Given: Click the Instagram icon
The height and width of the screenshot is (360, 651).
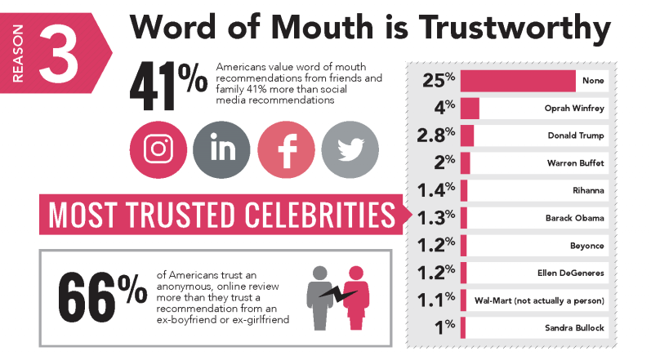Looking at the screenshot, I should point(159,150).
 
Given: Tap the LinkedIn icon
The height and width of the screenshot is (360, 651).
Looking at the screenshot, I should point(222,150).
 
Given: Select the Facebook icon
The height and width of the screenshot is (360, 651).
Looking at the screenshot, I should point(286,150).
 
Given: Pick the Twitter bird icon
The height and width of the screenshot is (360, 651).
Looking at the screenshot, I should point(350,150).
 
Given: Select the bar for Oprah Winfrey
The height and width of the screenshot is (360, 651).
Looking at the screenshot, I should point(470,109).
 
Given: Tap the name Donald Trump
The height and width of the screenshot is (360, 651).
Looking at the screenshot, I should point(576,136).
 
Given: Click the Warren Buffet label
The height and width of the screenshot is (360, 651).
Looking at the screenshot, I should point(576,163).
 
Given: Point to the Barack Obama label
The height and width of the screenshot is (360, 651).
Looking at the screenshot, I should point(575,219).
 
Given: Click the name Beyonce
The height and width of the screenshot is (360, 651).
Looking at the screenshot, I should point(587,246).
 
